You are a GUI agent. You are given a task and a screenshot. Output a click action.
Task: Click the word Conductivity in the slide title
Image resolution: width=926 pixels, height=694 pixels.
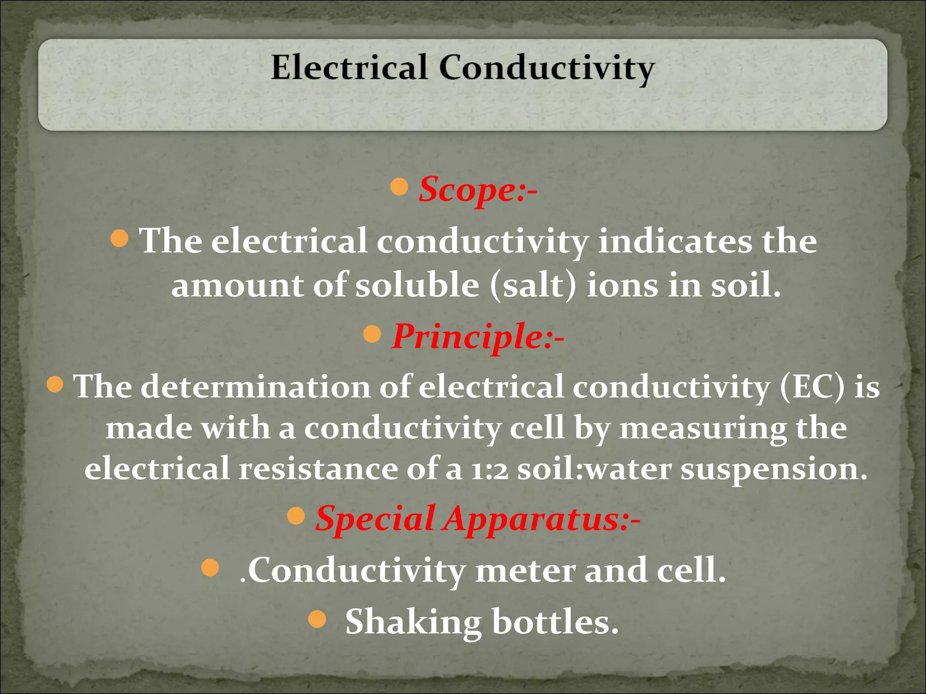546,69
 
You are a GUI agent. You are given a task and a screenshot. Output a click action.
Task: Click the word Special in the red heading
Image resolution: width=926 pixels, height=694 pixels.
375,519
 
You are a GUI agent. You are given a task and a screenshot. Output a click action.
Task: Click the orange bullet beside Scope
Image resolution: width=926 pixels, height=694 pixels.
399,187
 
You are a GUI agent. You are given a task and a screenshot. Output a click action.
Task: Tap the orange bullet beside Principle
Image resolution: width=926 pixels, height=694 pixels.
372,334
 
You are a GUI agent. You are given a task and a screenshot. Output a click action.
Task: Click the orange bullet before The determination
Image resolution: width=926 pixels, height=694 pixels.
55,385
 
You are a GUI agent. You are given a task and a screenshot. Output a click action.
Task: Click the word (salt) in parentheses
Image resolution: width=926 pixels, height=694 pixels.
533,286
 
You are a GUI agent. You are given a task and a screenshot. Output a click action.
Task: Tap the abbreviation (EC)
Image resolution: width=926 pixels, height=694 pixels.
812,387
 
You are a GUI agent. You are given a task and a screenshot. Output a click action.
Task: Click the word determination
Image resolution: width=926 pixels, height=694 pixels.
255,387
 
